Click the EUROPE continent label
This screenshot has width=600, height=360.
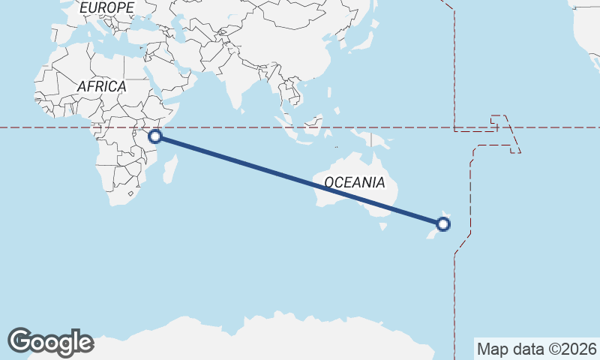pyautogui.click(x=106, y=7)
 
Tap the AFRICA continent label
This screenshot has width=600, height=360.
pyautogui.click(x=101, y=86)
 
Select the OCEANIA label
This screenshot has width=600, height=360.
pyautogui.click(x=355, y=182)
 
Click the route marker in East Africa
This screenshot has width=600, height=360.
pyautogui.click(x=155, y=136)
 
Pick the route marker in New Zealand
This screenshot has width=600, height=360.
pyautogui.click(x=443, y=223)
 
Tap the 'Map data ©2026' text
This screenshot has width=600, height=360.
pyautogui.click(x=536, y=349)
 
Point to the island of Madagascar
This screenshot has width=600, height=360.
pyautogui.click(x=171, y=166)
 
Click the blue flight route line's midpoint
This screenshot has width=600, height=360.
pyautogui.click(x=299, y=180)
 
